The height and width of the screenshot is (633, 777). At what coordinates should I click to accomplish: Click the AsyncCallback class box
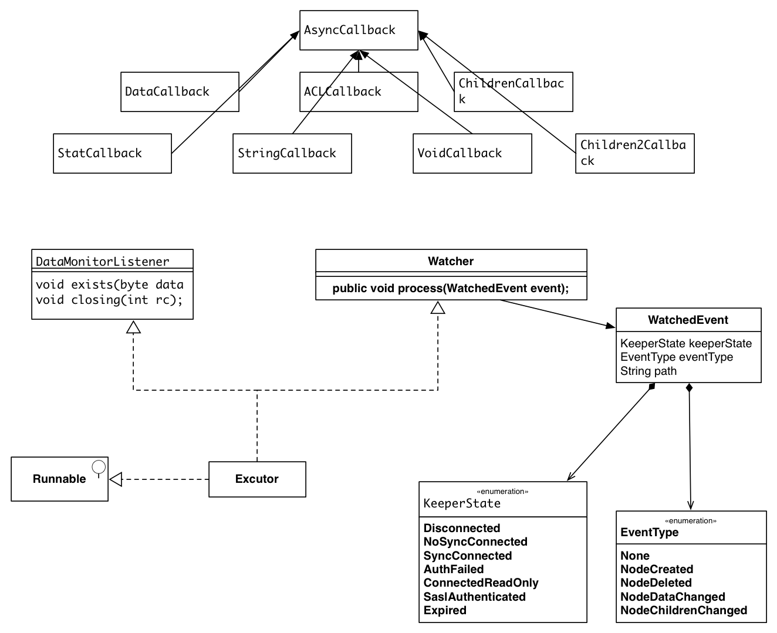(359, 31)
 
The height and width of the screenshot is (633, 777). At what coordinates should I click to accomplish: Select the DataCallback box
(180, 92)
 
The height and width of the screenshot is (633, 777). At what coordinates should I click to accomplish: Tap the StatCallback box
(112, 154)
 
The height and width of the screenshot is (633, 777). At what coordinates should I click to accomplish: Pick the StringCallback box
(292, 154)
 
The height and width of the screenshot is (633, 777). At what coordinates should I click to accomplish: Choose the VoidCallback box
(472, 154)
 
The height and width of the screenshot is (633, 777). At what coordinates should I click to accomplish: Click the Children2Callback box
(635, 154)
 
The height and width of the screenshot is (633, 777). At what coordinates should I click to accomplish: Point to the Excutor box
(257, 479)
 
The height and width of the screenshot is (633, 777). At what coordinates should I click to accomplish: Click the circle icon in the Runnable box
(99, 467)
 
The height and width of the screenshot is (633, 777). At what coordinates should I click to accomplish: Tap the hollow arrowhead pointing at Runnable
(116, 479)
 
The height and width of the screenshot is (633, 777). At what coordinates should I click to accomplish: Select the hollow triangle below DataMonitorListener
(134, 327)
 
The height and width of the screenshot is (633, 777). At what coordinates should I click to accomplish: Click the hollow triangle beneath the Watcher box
(438, 307)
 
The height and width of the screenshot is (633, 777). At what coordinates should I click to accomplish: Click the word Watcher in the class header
(451, 261)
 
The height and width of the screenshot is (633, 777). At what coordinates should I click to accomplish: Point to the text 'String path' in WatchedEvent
(648, 371)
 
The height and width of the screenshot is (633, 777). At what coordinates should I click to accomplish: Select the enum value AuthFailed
(454, 569)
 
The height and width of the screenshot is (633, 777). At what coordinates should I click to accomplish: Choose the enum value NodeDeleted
(656, 583)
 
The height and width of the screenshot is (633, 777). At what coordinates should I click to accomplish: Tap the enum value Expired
(445, 610)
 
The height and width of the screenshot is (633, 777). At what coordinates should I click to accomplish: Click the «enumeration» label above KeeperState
(502, 492)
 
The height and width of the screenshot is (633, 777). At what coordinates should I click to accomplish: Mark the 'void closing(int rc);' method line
(109, 300)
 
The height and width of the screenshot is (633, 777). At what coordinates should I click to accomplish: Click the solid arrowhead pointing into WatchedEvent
(610, 325)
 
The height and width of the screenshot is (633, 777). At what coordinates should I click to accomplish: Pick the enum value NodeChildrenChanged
(684, 610)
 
